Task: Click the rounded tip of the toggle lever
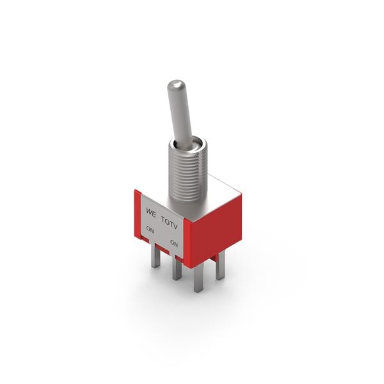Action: pos(176,86)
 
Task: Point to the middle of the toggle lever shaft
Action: pos(181,115)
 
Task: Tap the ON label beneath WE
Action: pos(150,228)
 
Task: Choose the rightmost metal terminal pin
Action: pos(220,266)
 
